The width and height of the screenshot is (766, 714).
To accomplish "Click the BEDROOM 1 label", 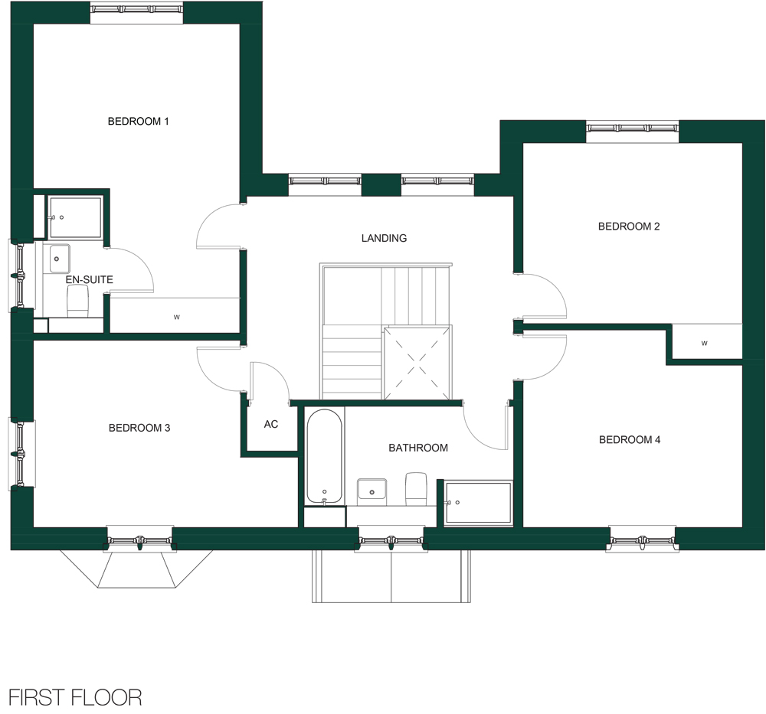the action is pyautogui.click(x=138, y=121).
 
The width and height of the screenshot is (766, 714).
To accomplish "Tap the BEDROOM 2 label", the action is pyautogui.click(x=629, y=226).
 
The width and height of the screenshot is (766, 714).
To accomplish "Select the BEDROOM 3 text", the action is pyautogui.click(x=139, y=428).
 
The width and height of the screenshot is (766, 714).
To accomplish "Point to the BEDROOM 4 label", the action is pyautogui.click(x=630, y=440).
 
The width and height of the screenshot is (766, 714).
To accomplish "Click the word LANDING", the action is pyautogui.click(x=384, y=238).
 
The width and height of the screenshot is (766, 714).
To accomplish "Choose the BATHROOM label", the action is pyautogui.click(x=418, y=448).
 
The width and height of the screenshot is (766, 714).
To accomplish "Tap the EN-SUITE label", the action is pyautogui.click(x=90, y=279).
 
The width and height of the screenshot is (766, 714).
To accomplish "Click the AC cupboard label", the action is pyautogui.click(x=271, y=424).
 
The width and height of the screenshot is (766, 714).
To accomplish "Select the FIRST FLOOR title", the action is pyautogui.click(x=75, y=698).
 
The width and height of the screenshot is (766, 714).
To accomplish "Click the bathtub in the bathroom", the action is pyautogui.click(x=324, y=456).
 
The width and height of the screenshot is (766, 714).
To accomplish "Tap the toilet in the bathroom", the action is pyautogui.click(x=417, y=489).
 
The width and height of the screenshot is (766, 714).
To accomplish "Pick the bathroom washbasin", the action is pyautogui.click(x=372, y=492).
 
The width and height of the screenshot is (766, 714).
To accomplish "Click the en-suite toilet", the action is pyautogui.click(x=77, y=301).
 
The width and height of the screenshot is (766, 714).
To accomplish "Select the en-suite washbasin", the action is pyautogui.click(x=56, y=259).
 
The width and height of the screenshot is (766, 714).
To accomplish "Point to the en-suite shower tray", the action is pyautogui.click(x=75, y=217).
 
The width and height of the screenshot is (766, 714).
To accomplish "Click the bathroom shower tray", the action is pyautogui.click(x=478, y=503).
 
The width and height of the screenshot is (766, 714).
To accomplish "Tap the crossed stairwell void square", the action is pyautogui.click(x=417, y=363).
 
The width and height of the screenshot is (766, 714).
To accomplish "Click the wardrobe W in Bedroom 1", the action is pyautogui.click(x=177, y=318).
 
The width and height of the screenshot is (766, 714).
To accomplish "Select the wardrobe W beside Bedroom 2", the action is pyautogui.click(x=705, y=343).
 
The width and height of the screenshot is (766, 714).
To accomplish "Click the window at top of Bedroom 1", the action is pyautogui.click(x=137, y=8).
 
